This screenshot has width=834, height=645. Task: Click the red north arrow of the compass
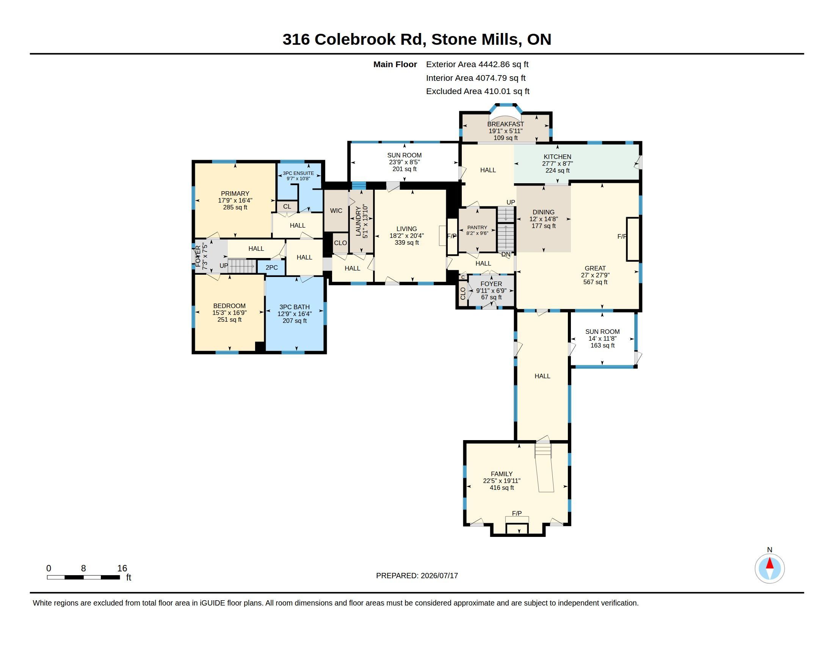coord(770,564)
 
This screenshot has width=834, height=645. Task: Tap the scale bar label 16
coord(122,568)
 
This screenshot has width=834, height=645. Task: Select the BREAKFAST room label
coord(506,124)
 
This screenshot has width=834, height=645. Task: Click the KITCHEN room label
coord(558,157)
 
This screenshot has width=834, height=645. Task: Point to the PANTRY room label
coord(477,227)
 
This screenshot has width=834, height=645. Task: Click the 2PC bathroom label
coord(271,267)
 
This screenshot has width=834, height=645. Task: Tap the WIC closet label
coord(336,211)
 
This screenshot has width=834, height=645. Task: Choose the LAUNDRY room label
coord(358,221)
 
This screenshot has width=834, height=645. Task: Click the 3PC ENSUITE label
coord(298,173)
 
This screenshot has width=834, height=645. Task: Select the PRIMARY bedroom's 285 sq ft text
coord(235,208)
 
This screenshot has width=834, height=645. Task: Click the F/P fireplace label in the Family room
coord(517,513)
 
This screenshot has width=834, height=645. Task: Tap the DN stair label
coord(506,255)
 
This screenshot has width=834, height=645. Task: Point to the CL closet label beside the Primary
coord(287,206)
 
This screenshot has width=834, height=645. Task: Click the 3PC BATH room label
coord(295,307)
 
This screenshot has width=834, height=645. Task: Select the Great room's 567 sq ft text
coord(595,282)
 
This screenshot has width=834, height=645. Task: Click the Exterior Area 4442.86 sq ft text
coord(477,64)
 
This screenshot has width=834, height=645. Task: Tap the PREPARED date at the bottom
coord(417,576)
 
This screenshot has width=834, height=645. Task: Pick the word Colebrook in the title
coord(355,39)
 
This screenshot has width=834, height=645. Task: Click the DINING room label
coord(543,212)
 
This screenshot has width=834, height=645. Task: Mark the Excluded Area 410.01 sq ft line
coord(478,91)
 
